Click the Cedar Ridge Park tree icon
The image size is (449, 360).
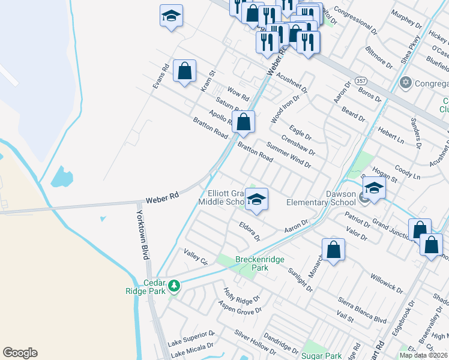(174, 286)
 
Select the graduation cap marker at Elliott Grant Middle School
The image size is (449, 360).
(256, 200)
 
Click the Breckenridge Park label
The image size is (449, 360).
(252, 263)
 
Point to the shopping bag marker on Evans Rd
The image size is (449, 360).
(184, 71)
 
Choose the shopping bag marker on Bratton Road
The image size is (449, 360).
(243, 122)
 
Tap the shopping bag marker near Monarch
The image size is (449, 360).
(333, 250)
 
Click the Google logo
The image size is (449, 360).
(20, 353)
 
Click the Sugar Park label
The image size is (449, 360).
(324, 356)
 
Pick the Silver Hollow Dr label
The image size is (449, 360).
(255, 341)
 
